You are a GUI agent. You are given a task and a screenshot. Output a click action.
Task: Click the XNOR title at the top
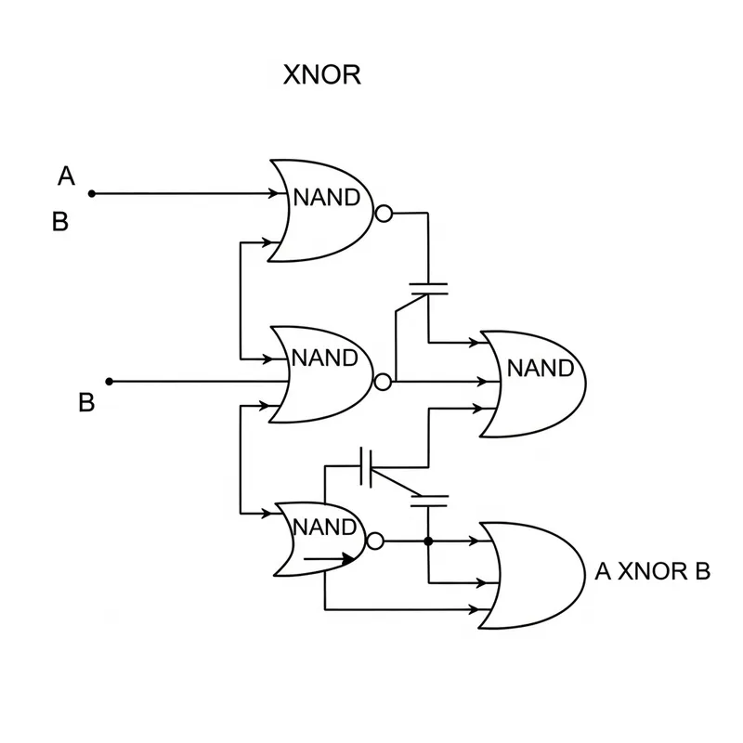pyautogui.click(x=321, y=75)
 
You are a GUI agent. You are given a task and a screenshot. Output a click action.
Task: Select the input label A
pyautogui.click(x=66, y=176)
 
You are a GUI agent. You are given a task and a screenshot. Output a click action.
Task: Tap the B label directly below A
pyautogui.click(x=60, y=223)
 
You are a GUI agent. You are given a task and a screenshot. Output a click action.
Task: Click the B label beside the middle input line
pyautogui.click(x=85, y=403)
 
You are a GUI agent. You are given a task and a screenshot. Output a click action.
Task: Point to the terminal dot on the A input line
pyautogui.click(x=91, y=194)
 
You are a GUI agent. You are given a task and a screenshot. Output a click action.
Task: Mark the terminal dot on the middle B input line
pyautogui.click(x=109, y=381)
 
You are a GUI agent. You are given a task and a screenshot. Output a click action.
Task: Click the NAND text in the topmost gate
pyautogui.click(x=327, y=198)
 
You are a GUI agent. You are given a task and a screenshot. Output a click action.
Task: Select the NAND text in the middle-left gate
pyautogui.click(x=324, y=358)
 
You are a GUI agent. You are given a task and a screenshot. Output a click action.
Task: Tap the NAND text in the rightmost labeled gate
pyautogui.click(x=540, y=369)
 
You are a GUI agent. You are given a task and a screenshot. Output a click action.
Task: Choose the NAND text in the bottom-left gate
pyautogui.click(x=325, y=528)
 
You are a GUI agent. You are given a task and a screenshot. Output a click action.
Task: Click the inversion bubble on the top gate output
pyautogui.click(x=383, y=214)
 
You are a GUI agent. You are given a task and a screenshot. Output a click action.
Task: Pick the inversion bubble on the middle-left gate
pyautogui.click(x=383, y=381)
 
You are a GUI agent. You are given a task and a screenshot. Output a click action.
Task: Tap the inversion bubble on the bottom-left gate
pyautogui.click(x=374, y=541)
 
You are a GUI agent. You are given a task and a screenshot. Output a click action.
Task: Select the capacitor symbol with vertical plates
pyautogui.click(x=367, y=466)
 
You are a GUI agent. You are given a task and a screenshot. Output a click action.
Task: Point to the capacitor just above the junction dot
pyautogui.click(x=428, y=502)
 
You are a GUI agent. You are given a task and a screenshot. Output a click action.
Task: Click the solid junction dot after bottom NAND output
pyautogui.click(x=428, y=541)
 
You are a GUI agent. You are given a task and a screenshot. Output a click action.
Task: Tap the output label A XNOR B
pyautogui.click(x=652, y=571)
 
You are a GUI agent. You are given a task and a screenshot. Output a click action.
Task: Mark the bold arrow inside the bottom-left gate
pyautogui.click(x=330, y=559)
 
